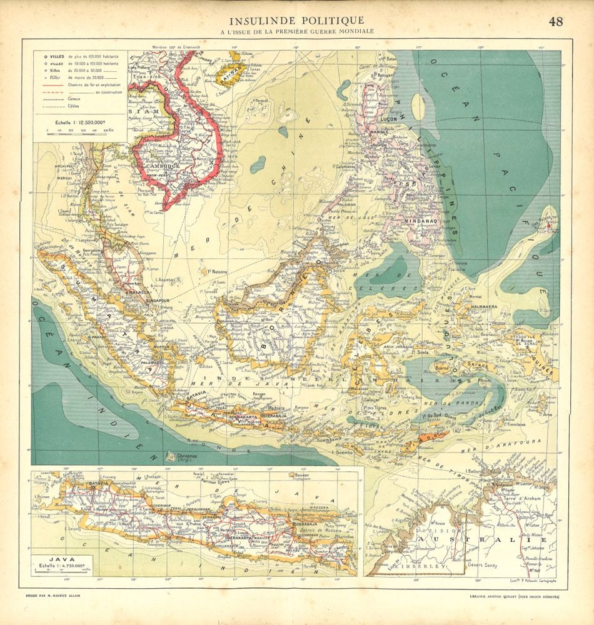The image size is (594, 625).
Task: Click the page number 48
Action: (556, 21)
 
